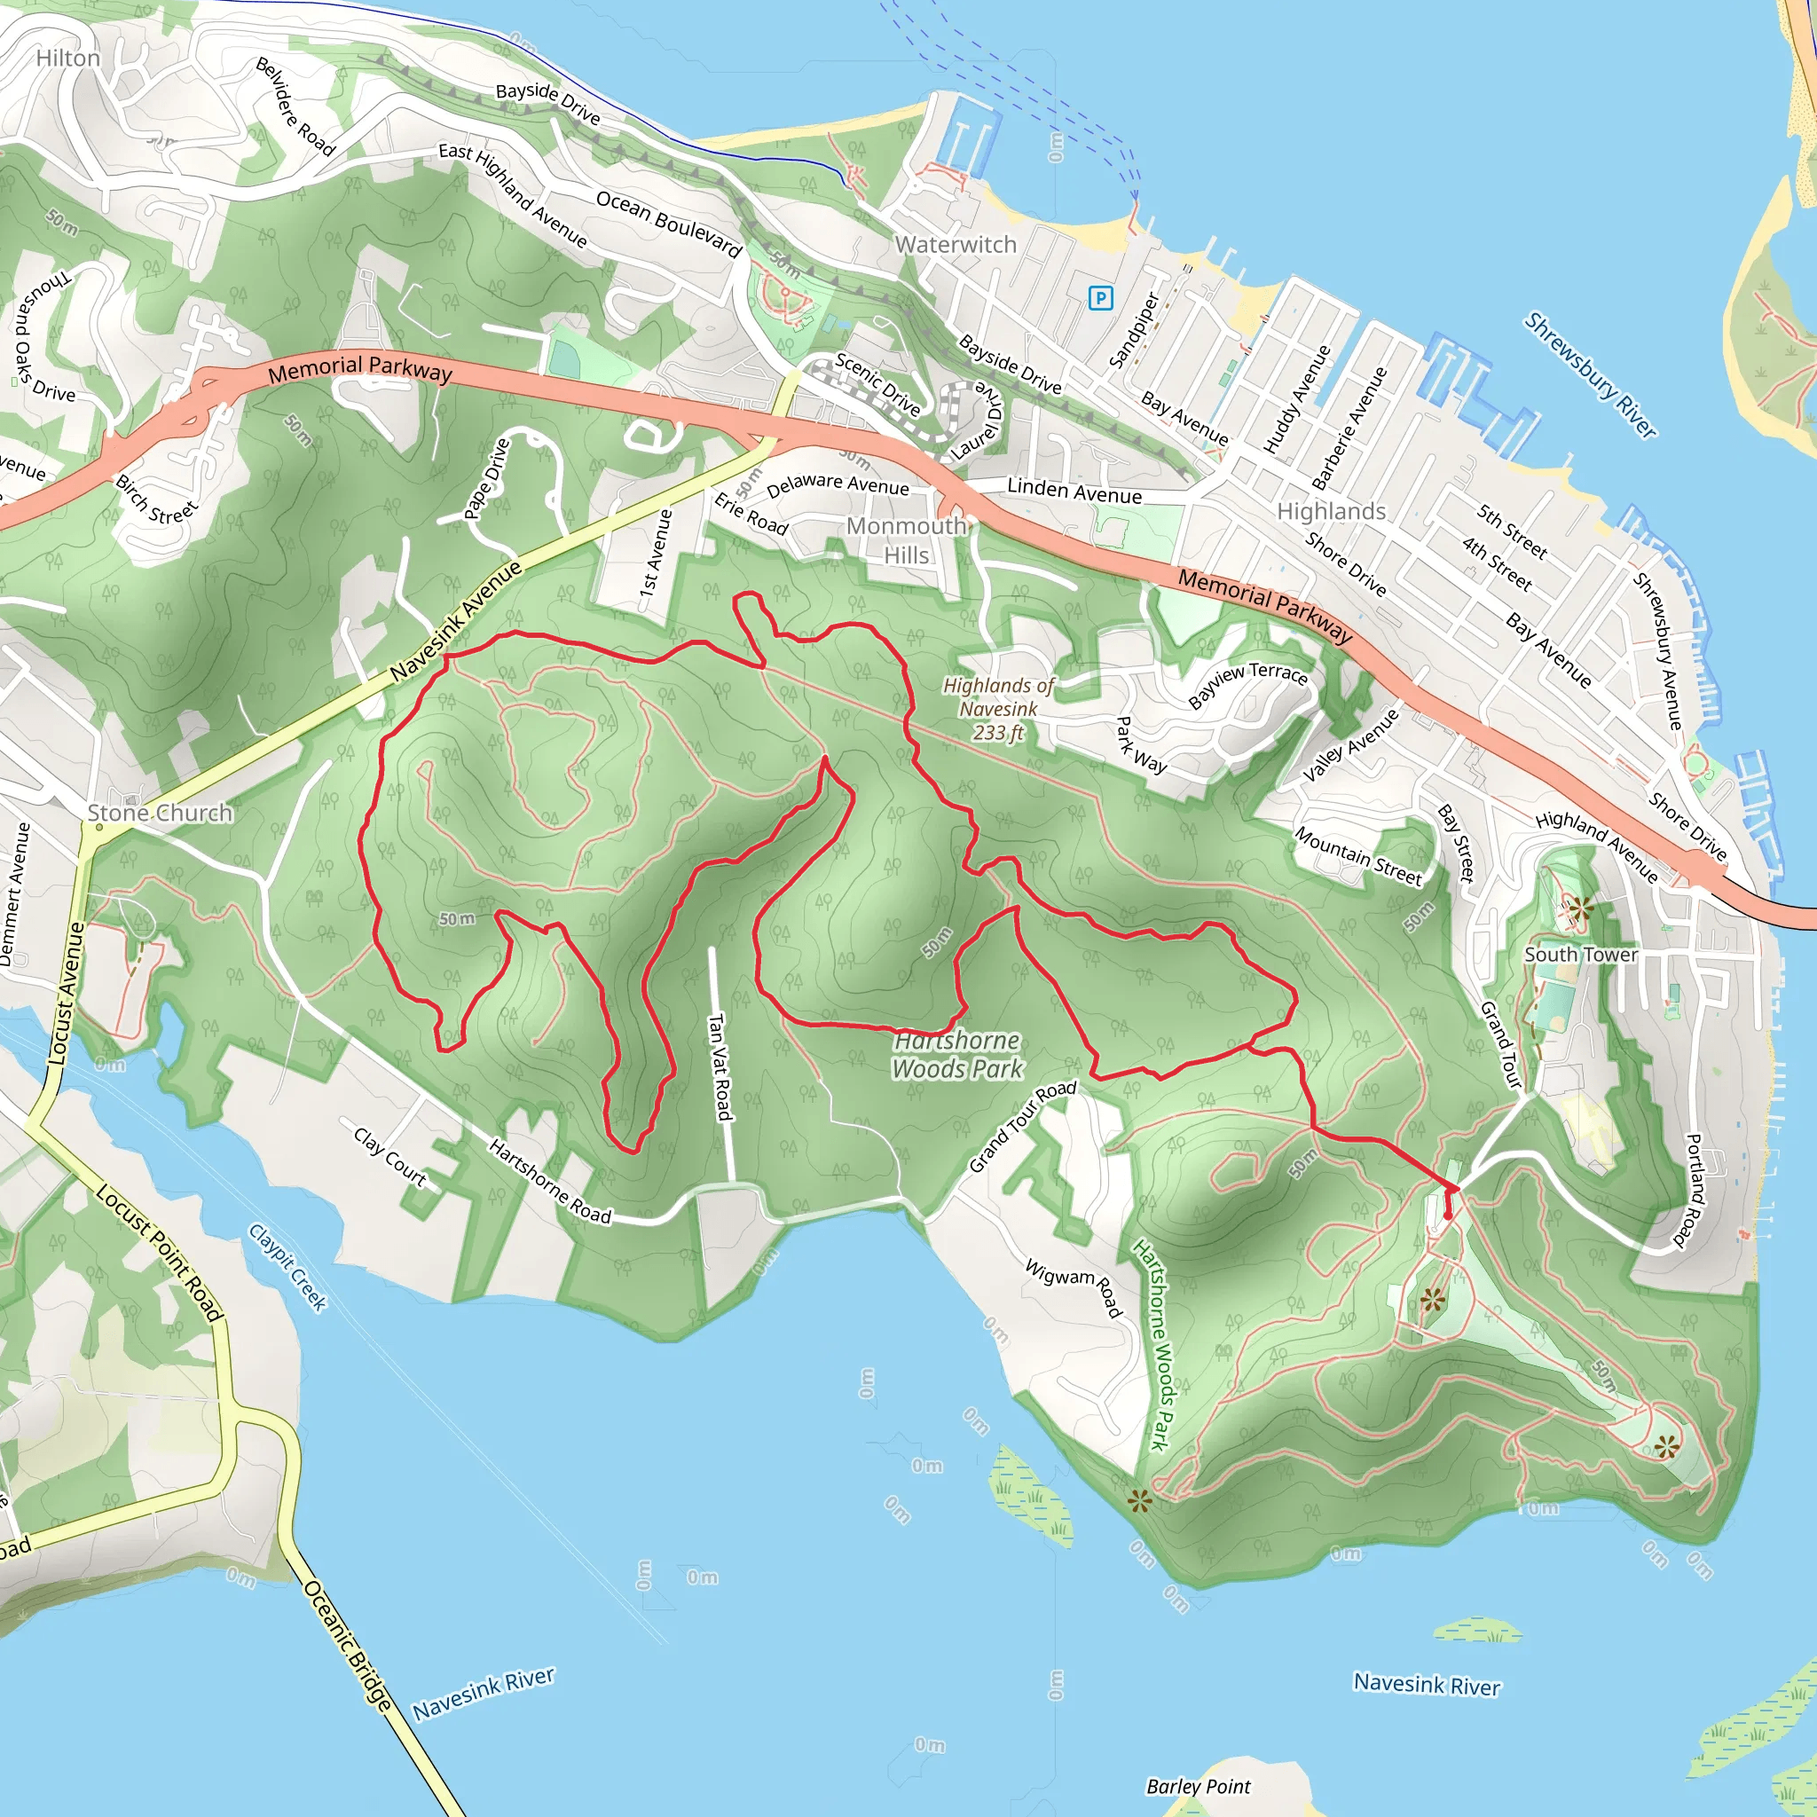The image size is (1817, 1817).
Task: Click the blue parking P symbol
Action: coord(1099,299)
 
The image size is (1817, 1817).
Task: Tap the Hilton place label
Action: coord(67,59)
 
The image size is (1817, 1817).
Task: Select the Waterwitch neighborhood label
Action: coord(956,245)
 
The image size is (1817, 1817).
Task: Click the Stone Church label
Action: coord(159,813)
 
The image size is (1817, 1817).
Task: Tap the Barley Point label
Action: coord(1198,1786)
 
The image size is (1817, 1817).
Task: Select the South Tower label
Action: coord(1581,955)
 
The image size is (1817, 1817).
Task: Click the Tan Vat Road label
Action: coord(720,1066)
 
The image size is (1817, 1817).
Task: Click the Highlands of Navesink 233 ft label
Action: coord(998,709)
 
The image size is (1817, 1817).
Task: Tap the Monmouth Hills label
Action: coord(906,541)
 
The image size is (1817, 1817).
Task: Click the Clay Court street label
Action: coord(390,1156)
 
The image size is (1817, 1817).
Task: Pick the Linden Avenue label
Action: coord(1074,491)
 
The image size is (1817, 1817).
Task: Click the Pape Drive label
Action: coord(486,479)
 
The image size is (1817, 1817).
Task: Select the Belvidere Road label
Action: coord(295,106)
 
